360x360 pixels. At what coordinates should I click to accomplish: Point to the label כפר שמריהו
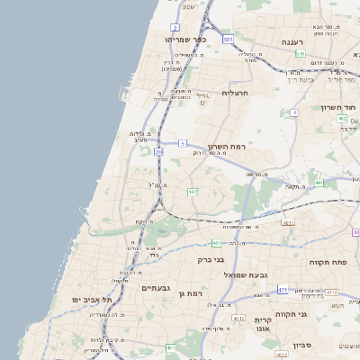[x=186, y=40]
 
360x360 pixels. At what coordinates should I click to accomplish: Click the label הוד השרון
[x=338, y=108]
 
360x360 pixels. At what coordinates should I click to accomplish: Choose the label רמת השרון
[x=226, y=147]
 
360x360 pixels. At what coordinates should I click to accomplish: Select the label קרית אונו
[x=263, y=326]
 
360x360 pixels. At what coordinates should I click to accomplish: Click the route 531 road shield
[x=229, y=40]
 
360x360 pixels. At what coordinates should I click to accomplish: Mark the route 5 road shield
[x=183, y=143]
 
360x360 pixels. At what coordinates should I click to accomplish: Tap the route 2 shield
[x=174, y=28]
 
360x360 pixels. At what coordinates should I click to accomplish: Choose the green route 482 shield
[x=193, y=193]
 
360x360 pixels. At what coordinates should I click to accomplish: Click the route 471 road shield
[x=283, y=290]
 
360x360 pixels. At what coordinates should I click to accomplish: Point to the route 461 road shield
[x=217, y=243]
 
